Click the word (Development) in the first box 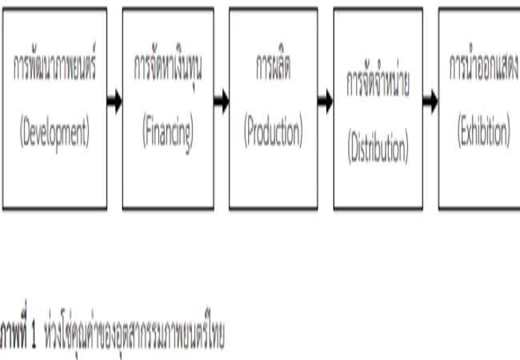click(54, 132)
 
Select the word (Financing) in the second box click(167, 132)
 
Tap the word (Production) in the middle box click(272, 133)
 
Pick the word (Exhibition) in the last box click(483, 133)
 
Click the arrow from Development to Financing click(114, 102)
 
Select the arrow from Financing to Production click(220, 102)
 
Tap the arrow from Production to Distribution click(325, 102)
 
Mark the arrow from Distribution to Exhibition click(430, 102)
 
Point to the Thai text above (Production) click(272, 70)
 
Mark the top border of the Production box click(272, 9)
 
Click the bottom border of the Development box click(54, 209)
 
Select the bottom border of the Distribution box click(378, 209)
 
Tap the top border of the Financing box click(167, 9)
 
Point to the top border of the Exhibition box click(480, 9)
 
